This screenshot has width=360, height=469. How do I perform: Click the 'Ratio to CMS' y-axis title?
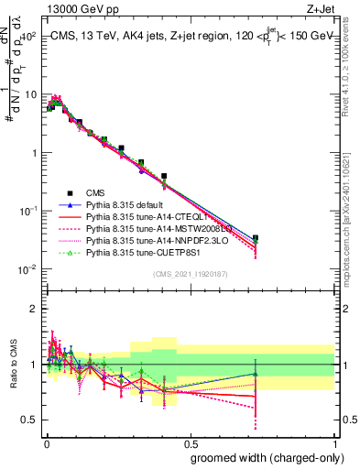15,365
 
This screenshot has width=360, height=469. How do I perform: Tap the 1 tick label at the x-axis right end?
334,442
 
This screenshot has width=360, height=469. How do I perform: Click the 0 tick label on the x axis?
45,442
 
